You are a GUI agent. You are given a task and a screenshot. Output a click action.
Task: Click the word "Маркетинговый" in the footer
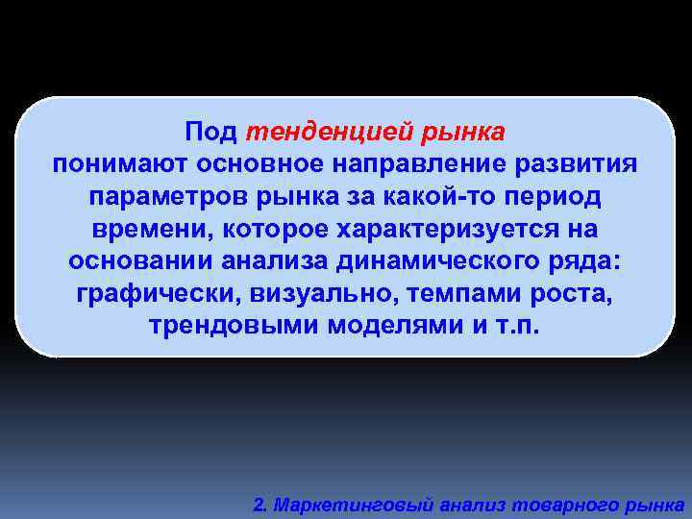[x=343, y=504]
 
